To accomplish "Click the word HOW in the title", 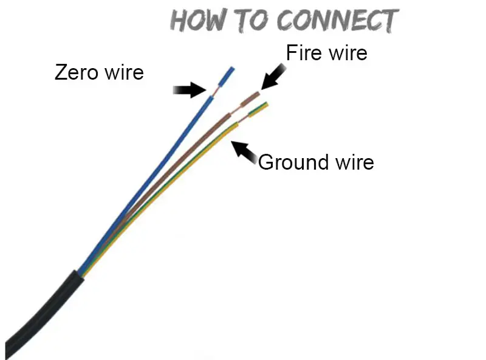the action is pos(197,21).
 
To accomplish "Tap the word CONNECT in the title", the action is pos(337,21).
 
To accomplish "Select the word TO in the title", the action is pos(250,21).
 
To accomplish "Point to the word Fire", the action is pos(304,52).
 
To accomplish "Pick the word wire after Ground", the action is pos(355,162).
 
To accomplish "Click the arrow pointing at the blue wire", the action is pos(190,90).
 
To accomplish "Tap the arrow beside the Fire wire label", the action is pos(273,77).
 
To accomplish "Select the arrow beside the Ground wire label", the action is pos(244,152).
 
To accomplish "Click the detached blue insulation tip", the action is pos(226,77).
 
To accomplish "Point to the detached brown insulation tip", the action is pos(250,99).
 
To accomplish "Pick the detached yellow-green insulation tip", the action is pos(258,109).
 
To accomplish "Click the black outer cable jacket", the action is pos(43,313).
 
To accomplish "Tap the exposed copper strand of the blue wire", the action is pos(214,92).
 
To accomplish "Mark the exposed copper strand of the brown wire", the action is pos(236,109).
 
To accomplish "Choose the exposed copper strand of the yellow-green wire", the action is pos(244,119).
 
